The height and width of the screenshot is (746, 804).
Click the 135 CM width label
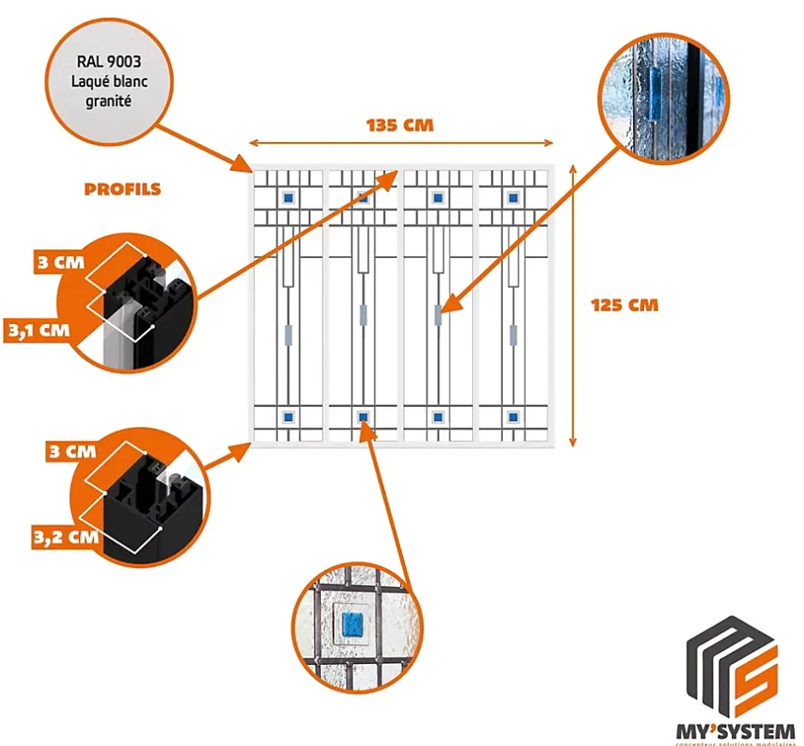point(400,126)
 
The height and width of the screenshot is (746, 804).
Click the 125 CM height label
point(625,304)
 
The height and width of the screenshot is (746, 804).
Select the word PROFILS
point(122,189)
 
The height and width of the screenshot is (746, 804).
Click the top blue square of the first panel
point(288,197)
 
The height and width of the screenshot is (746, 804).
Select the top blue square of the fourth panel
point(513,197)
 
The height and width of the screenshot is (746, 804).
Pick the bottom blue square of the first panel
point(288,417)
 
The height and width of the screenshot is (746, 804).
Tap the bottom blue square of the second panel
point(364,417)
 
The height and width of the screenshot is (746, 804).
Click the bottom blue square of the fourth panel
point(513,417)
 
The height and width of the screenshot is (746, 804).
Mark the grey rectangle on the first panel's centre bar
point(288,333)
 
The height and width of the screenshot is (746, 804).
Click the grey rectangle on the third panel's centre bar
point(438,314)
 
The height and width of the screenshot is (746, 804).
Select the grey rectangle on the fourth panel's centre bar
point(513,333)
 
